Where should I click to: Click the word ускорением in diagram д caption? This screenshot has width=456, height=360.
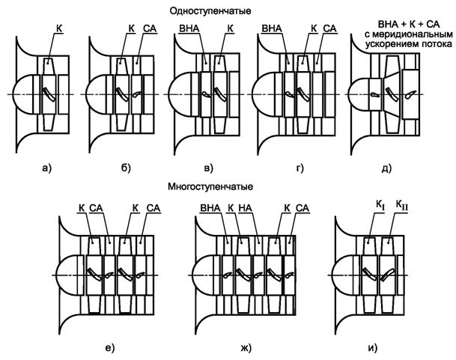click(x=377, y=44)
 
